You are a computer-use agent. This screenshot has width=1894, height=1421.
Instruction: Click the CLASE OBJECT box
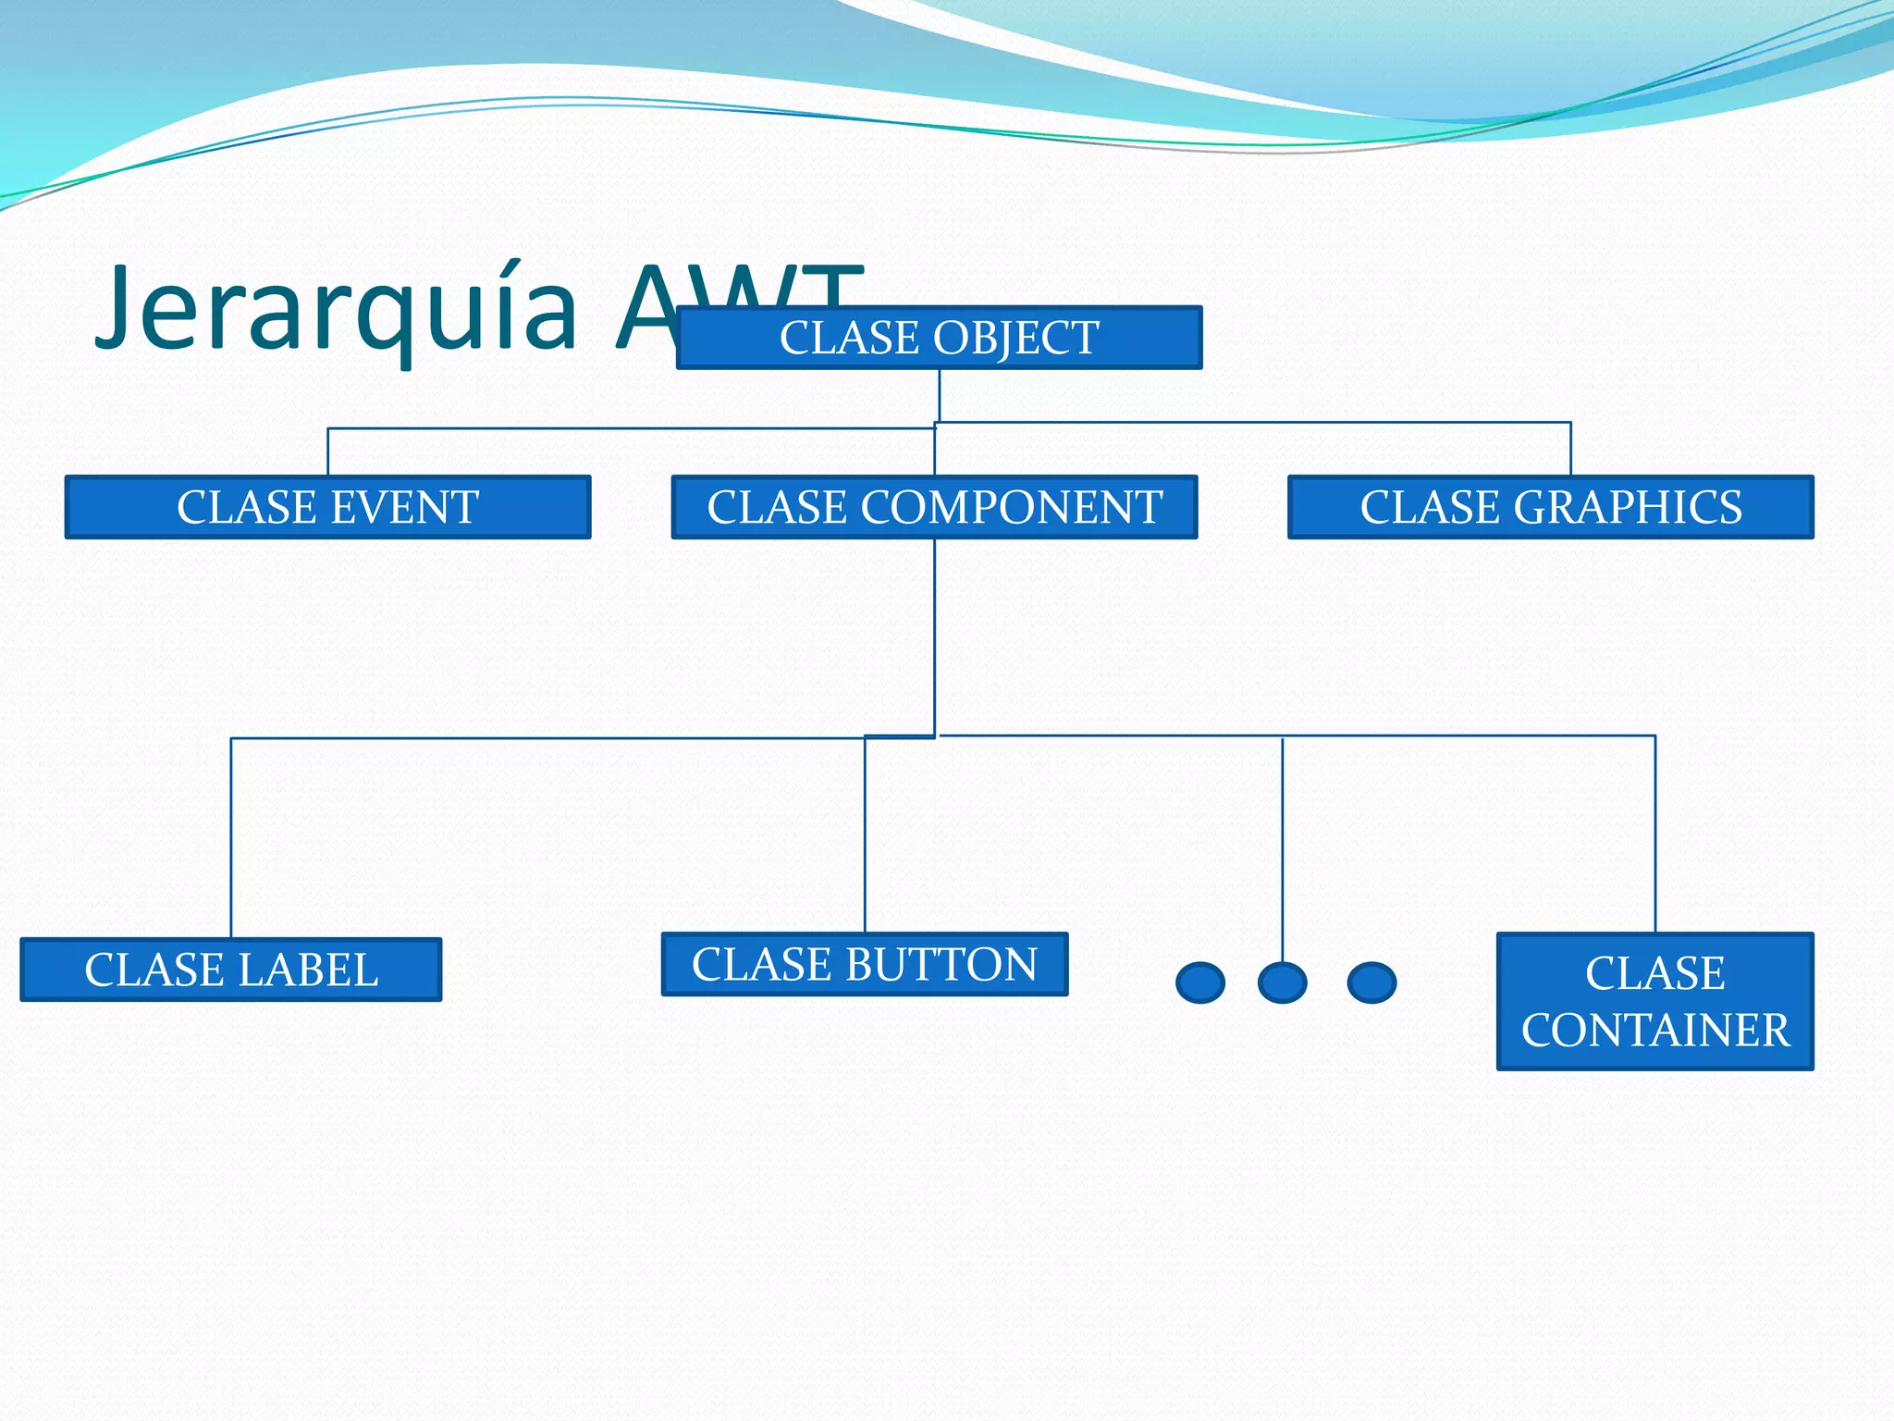tap(939, 338)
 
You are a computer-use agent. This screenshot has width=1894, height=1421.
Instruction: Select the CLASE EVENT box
tap(327, 507)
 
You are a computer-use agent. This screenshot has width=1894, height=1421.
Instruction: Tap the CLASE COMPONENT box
tap(934, 507)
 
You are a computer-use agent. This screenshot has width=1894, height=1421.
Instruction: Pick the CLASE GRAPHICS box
tap(1551, 507)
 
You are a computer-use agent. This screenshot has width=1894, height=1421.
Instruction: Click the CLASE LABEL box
tap(230, 970)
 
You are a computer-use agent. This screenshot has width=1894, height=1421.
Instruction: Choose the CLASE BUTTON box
tap(865, 964)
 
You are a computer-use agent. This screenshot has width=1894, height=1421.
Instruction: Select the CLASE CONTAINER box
tap(1654, 1001)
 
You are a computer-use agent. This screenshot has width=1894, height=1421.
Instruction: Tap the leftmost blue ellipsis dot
tap(1200, 982)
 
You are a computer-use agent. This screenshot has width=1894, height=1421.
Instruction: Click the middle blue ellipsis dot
tap(1282, 982)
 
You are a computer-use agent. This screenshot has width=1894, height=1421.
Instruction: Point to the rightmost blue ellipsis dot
tap(1371, 982)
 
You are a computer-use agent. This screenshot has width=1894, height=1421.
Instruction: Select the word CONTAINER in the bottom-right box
tap(1655, 1030)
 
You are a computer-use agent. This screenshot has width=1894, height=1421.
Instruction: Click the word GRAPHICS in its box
tap(1628, 507)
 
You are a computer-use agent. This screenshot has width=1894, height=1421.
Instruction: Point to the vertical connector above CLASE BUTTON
tap(865, 833)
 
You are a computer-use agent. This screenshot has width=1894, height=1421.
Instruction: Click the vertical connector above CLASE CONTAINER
tap(1654, 833)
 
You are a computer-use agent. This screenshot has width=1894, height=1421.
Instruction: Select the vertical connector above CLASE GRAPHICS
tap(1570, 449)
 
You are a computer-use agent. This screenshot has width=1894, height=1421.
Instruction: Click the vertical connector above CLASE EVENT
tap(328, 451)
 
